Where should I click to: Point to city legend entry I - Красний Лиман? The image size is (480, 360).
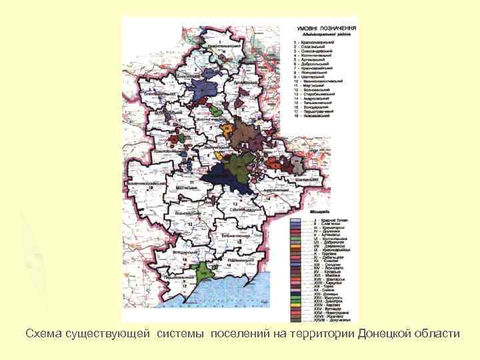326,221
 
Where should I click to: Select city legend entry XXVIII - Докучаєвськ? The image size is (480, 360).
327,320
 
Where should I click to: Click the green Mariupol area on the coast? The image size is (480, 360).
199,271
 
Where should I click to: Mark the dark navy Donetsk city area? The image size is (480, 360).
217,178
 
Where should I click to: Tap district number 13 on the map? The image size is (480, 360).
235,202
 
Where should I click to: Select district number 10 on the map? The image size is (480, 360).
151,189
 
